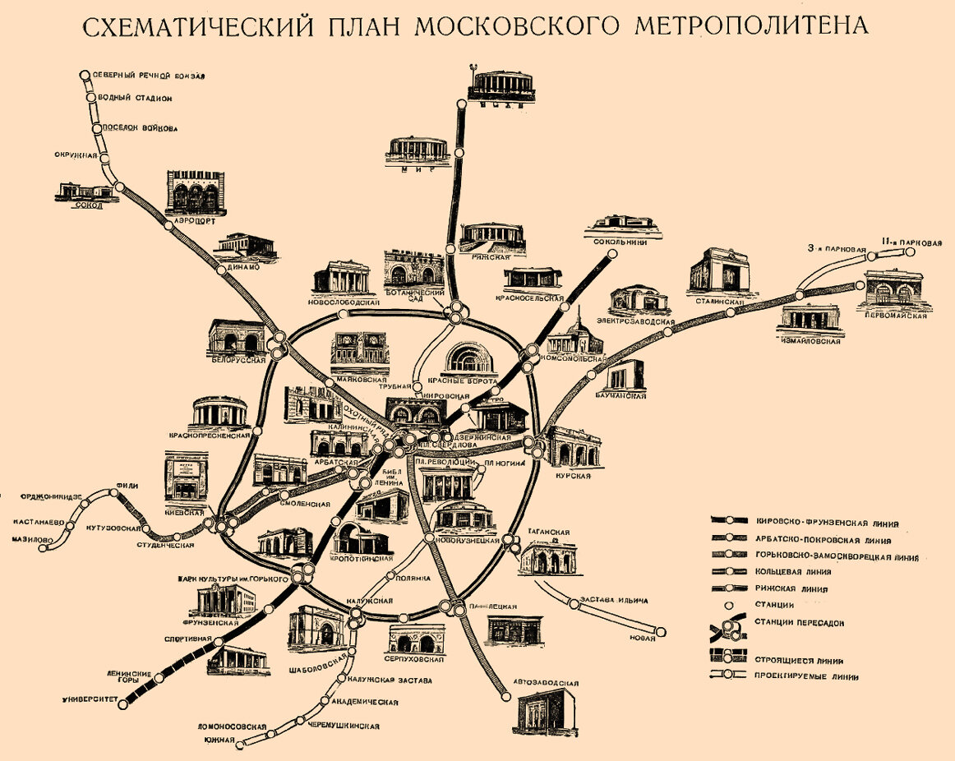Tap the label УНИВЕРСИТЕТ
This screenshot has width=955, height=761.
point(90,701)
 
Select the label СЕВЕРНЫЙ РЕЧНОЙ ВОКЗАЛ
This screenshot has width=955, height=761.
point(148,76)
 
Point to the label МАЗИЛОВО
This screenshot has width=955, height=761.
point(32,539)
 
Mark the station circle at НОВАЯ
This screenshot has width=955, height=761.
point(662,633)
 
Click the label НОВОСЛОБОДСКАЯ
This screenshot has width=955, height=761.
point(344,302)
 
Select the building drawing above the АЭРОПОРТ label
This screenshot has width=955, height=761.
point(194,193)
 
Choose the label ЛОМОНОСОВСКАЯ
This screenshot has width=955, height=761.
point(233,726)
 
